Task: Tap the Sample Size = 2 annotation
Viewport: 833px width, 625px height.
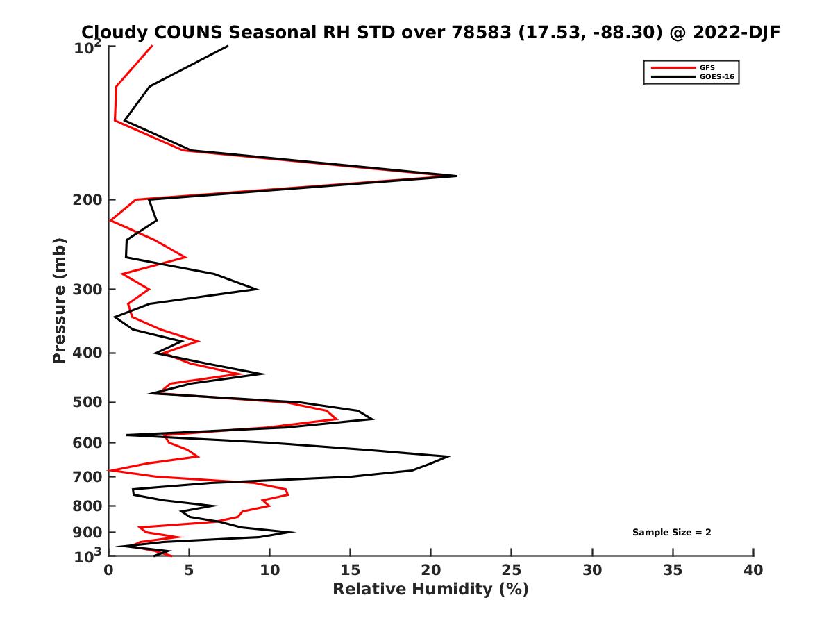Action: (x=671, y=533)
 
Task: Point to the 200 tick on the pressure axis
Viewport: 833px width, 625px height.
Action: (x=89, y=200)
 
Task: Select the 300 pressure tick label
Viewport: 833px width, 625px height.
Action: (x=89, y=290)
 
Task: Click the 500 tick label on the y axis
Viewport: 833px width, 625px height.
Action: (x=89, y=403)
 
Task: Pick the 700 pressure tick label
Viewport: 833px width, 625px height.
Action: (x=89, y=477)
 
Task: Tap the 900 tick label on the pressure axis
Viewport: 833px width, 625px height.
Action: (x=89, y=533)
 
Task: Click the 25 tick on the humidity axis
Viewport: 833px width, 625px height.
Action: (x=512, y=571)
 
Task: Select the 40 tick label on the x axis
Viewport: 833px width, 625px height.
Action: (x=753, y=571)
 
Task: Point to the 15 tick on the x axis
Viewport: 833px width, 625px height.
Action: (x=351, y=571)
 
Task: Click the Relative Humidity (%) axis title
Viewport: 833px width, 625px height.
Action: (x=430, y=590)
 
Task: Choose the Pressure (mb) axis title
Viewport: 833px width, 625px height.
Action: (x=59, y=300)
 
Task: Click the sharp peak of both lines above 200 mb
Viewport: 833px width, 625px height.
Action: (x=455, y=176)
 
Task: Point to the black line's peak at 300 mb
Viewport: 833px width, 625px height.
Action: (x=258, y=290)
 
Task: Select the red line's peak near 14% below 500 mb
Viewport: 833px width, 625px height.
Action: (x=337, y=419)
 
